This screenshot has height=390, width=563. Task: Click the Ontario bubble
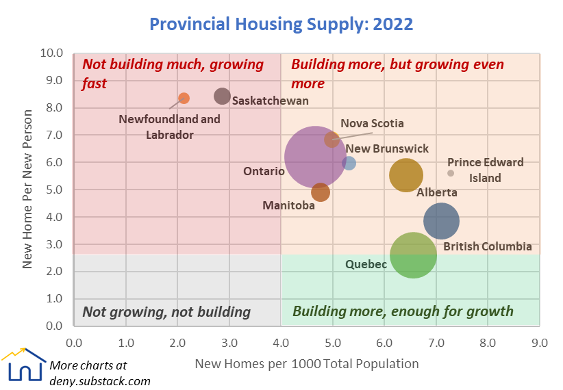[x=314, y=157]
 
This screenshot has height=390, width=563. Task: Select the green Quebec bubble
[x=413, y=255]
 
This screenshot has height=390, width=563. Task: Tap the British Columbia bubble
[x=441, y=220]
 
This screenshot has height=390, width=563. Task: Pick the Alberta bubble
[x=406, y=175]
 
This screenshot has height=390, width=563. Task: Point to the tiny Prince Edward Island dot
[x=451, y=173]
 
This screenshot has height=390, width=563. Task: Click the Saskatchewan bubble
[x=222, y=96]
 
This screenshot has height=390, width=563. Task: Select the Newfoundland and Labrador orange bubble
[x=184, y=99]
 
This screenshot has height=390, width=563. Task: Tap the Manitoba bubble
[x=320, y=192]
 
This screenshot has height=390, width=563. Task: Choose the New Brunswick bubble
[x=349, y=163]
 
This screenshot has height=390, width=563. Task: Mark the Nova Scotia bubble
[x=332, y=140]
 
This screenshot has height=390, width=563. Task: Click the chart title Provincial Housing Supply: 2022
[x=281, y=25]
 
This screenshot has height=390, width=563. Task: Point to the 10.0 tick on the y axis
[x=53, y=53]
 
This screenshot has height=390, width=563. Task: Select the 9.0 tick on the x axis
[x=540, y=341]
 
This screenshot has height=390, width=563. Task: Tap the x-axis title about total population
[x=307, y=363]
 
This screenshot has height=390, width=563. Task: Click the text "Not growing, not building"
[x=166, y=312]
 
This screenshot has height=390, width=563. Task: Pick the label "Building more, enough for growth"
[x=403, y=312]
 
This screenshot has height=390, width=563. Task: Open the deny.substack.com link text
[x=100, y=381]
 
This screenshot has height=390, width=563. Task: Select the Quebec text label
[x=366, y=264]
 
